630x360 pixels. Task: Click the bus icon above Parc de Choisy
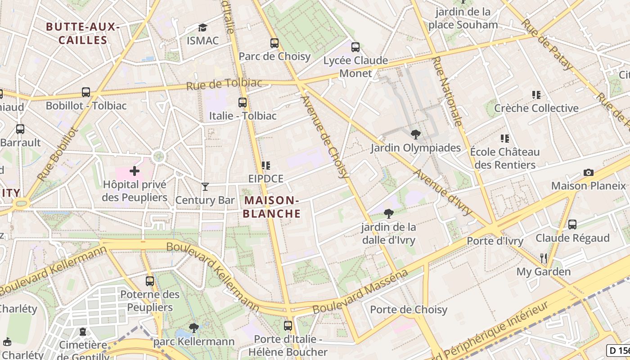point(274,43)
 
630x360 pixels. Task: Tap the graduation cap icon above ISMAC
point(202,27)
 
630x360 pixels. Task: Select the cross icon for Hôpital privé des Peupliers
point(135,171)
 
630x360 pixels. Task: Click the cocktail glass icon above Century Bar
point(205,186)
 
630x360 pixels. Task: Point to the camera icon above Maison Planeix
point(588,172)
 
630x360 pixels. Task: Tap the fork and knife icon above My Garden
point(544,258)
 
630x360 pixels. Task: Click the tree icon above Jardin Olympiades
point(416,134)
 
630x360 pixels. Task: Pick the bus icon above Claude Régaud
point(572,224)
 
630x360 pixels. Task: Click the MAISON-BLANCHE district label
point(271,207)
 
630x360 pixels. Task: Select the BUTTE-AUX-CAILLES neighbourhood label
point(83,33)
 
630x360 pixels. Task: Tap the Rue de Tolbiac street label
point(224,84)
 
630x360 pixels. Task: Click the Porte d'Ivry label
point(495,241)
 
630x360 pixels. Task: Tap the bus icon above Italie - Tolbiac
point(243,103)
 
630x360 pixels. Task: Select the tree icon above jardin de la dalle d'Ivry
point(388,214)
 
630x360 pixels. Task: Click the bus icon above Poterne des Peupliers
point(150,281)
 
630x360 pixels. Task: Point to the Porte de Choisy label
point(409,310)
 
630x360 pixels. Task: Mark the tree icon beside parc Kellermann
point(194,328)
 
